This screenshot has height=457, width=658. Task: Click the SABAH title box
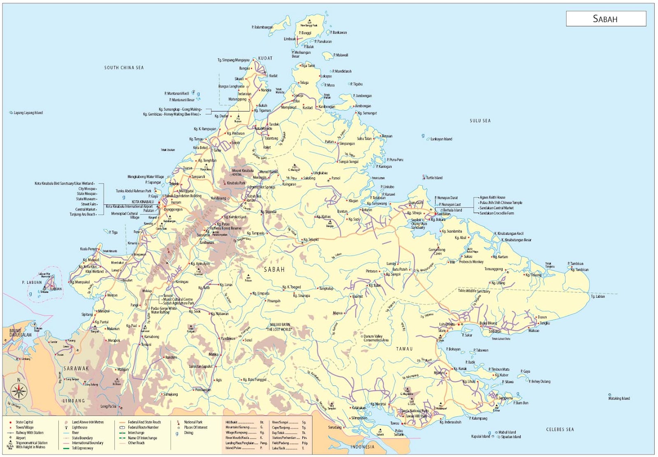tap(606, 19)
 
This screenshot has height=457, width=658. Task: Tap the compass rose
tap(19, 391)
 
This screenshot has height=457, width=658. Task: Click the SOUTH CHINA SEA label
tap(124, 67)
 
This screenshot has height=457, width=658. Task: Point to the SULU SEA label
tap(480, 121)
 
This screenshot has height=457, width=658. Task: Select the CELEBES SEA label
tap(560, 429)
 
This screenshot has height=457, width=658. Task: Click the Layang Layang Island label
tap(28, 113)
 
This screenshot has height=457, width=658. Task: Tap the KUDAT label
tap(265, 58)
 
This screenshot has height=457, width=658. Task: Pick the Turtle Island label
tap(434, 178)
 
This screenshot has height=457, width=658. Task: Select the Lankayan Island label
tap(441, 139)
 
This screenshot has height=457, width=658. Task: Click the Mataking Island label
tap(619, 398)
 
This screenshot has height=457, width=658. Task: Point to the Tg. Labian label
tap(598, 296)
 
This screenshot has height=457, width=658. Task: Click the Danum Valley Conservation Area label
tap(375, 338)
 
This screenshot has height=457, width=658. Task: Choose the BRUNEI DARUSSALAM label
tap(20, 333)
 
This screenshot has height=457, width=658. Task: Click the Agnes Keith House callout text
tap(492, 197)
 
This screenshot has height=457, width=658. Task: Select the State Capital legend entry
tap(24, 422)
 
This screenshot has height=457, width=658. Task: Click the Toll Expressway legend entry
tap(82, 448)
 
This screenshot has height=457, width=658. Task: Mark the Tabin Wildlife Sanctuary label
tap(474, 291)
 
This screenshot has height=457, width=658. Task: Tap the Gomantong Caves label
tap(437, 251)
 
